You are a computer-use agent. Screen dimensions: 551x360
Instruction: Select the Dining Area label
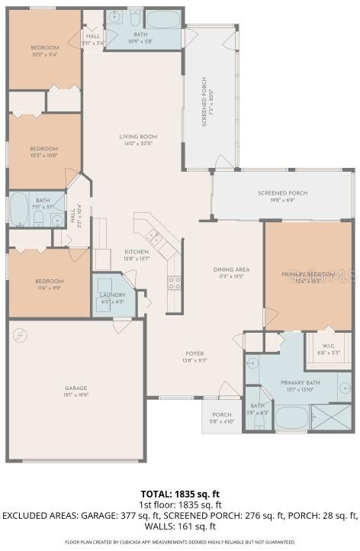(x=231, y=272)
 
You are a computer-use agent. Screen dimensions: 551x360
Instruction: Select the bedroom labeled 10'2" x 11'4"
(x=44, y=51)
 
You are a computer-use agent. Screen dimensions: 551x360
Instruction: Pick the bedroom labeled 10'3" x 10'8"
(x=44, y=152)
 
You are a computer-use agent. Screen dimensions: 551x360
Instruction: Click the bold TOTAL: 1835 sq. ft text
(x=179, y=494)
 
